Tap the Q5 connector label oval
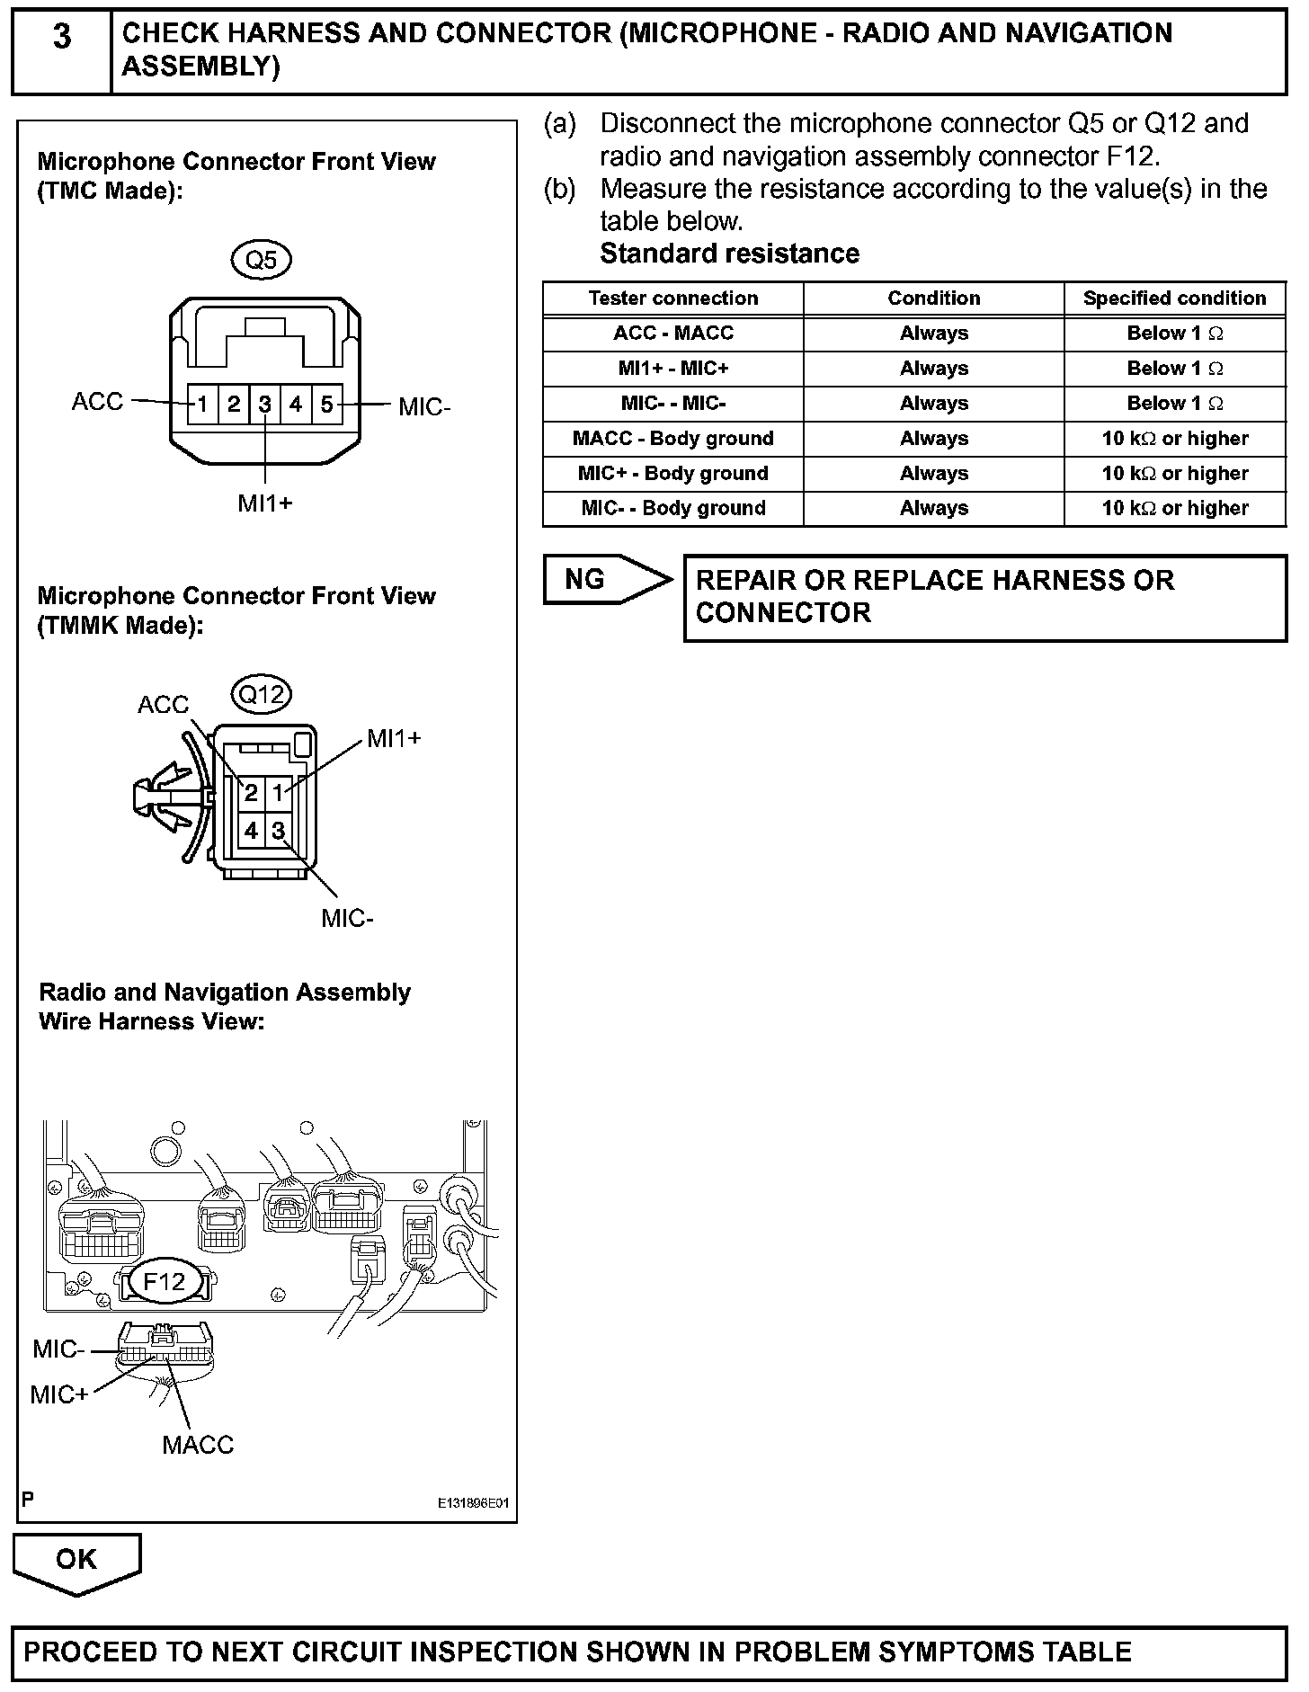coord(262,261)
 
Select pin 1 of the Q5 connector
coord(203,405)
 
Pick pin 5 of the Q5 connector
coord(326,405)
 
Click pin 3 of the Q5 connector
coord(264,405)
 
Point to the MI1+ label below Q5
coord(265,503)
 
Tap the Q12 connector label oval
coord(262,694)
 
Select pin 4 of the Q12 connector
coord(251,831)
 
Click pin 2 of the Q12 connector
coord(251,793)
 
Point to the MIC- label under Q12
coord(347,919)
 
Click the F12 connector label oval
coord(164,1281)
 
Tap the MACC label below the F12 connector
coord(198,1445)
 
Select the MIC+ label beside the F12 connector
coord(59,1394)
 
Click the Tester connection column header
coord(672,298)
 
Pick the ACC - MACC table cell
coord(672,334)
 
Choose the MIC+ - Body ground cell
coord(672,474)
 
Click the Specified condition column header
coord(1174,298)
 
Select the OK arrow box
coord(76,1560)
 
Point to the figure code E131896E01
coord(474,1503)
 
